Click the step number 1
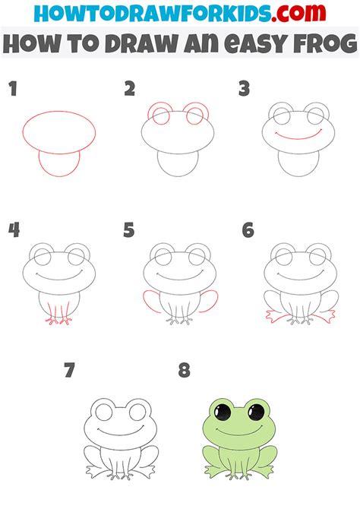coord(12,90)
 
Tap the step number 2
coord(130,90)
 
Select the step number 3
coord(245,90)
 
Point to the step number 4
coord(13,229)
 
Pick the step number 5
coord(129,229)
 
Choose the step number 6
coord(248,229)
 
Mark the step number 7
coord(70,371)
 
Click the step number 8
coord(184,371)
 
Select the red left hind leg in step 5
coord(151,301)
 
